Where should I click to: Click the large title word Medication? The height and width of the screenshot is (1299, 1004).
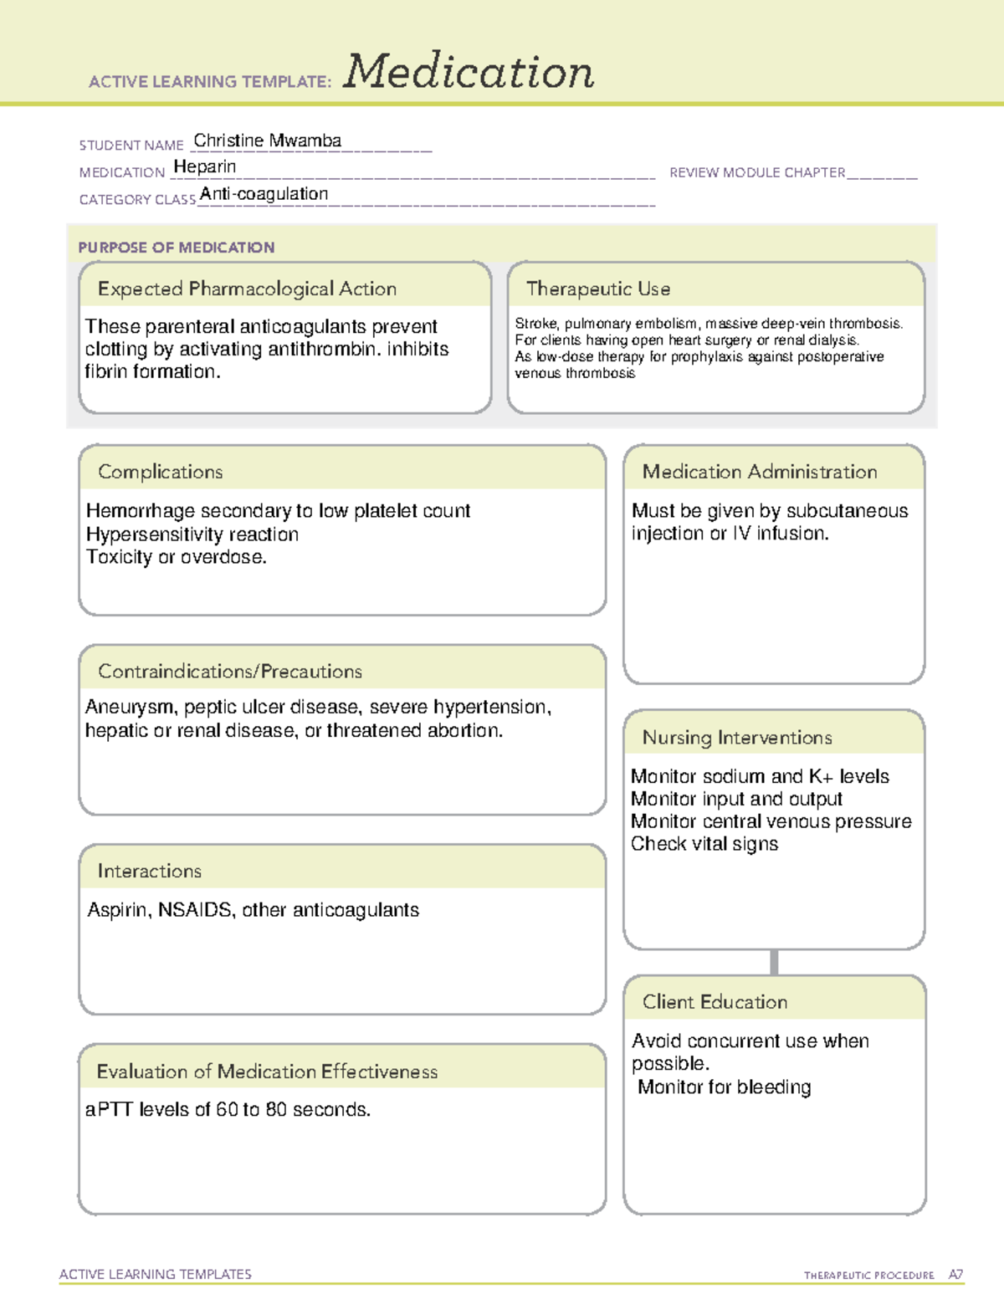tap(469, 72)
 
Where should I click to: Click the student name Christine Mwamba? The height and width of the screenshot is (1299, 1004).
tap(267, 141)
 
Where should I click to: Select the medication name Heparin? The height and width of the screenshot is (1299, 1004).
tap(205, 166)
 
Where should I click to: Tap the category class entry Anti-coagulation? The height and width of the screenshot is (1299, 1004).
tap(264, 194)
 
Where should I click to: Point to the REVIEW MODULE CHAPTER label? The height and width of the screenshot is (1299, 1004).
tap(757, 172)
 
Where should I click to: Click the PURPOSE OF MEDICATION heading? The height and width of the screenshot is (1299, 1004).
tap(177, 248)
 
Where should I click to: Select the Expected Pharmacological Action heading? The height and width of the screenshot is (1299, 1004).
tap(247, 289)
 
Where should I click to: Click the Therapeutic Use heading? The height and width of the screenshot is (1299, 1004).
tap(598, 289)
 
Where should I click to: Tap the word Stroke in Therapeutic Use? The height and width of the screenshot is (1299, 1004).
tap(535, 324)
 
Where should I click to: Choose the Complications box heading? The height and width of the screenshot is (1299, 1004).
tap(161, 472)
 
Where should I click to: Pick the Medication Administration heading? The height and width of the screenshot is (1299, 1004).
tap(760, 472)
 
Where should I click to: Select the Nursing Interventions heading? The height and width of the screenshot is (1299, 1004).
tap(737, 738)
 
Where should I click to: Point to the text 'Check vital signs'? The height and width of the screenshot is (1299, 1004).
tap(704, 844)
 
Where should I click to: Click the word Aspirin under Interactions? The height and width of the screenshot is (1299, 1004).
tap(119, 910)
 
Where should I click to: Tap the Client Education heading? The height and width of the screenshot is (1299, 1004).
tap(715, 1002)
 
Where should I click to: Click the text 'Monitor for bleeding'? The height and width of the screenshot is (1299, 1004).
tap(725, 1087)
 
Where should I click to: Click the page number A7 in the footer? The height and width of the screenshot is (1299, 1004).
tap(955, 1275)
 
